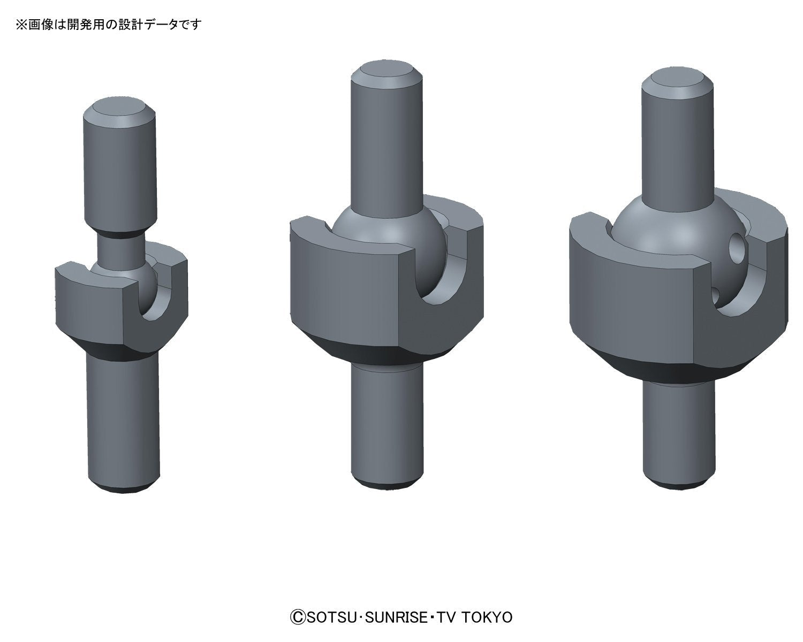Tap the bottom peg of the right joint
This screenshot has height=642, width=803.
[679, 433]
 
